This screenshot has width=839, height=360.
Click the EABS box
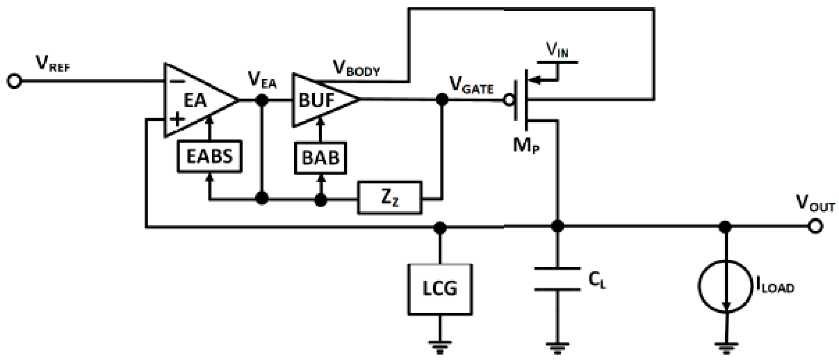click(x=209, y=157)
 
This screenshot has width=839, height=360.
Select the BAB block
click(x=320, y=158)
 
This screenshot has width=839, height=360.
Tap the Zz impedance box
click(x=389, y=198)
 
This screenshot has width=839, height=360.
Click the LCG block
click(x=440, y=289)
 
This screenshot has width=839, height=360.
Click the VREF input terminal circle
click(x=14, y=81)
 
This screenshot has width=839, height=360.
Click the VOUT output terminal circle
click(x=815, y=226)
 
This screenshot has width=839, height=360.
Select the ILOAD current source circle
click(x=725, y=286)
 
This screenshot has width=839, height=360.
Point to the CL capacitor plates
click(x=557, y=279)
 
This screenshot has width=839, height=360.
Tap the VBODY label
click(x=356, y=69)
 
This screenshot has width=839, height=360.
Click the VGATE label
click(x=471, y=85)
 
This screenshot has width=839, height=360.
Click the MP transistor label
click(x=526, y=145)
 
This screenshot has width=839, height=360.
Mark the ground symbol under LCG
click(x=440, y=347)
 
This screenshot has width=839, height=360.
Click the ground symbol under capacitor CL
click(x=557, y=347)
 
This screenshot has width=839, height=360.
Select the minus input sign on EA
click(x=177, y=82)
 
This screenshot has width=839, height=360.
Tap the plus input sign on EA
click(x=177, y=119)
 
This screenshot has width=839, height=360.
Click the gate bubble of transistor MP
click(x=509, y=100)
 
